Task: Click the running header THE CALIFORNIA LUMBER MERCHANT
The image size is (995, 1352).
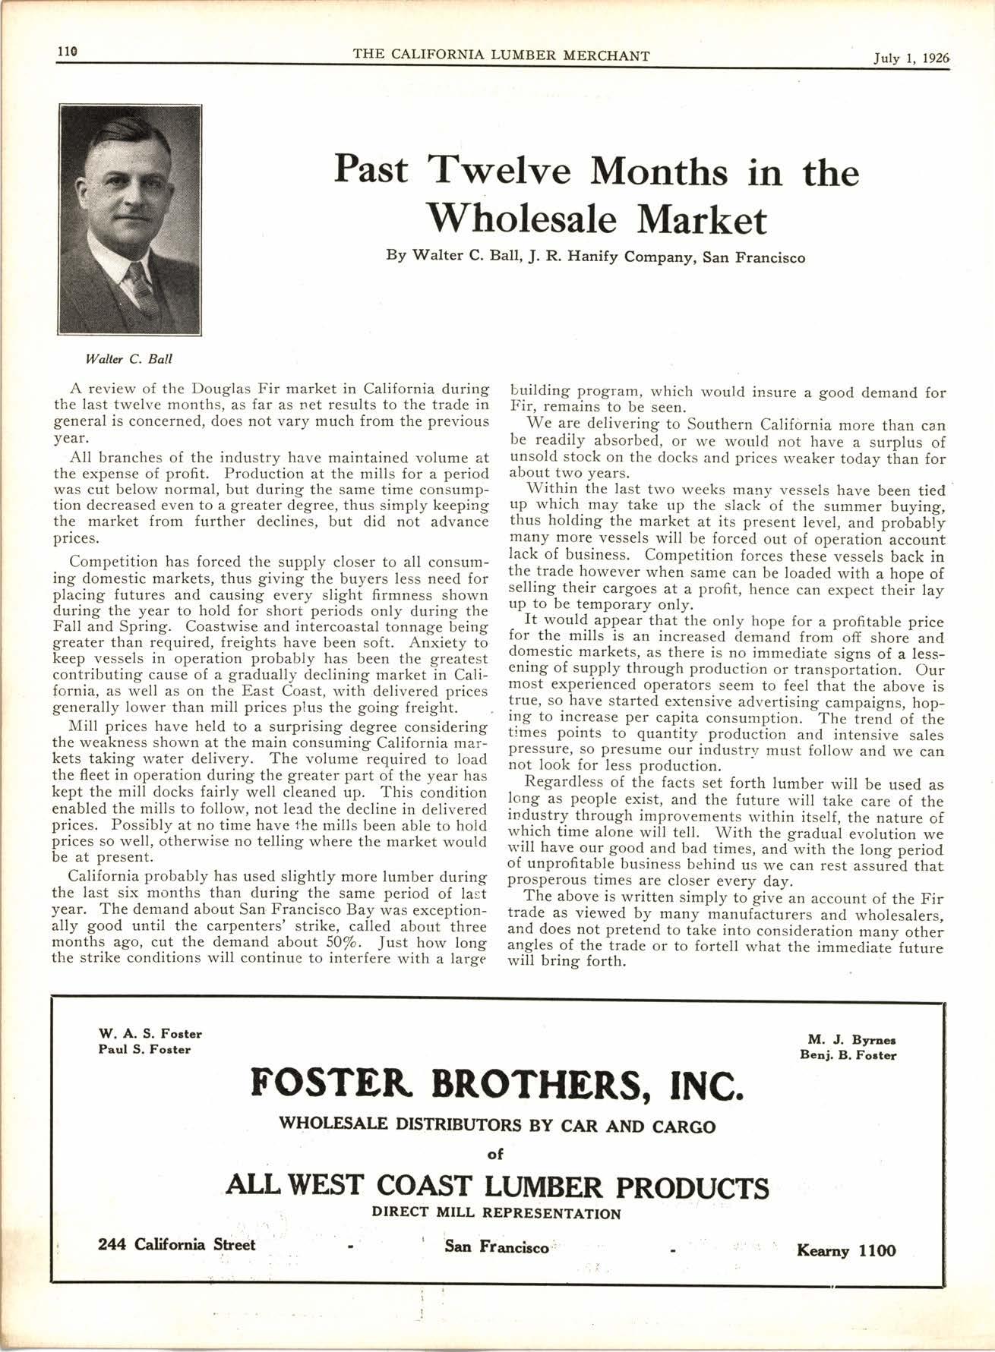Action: (501, 55)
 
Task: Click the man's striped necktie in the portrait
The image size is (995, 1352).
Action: (141, 288)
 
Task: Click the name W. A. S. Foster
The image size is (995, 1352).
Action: (150, 1033)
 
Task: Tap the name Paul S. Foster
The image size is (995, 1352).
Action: (144, 1049)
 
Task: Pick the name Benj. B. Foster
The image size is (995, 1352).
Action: (848, 1055)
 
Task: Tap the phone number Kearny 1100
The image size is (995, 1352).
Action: (846, 1250)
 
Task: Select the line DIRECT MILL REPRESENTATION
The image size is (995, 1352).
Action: (496, 1213)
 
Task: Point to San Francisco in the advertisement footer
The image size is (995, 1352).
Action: (497, 1247)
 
